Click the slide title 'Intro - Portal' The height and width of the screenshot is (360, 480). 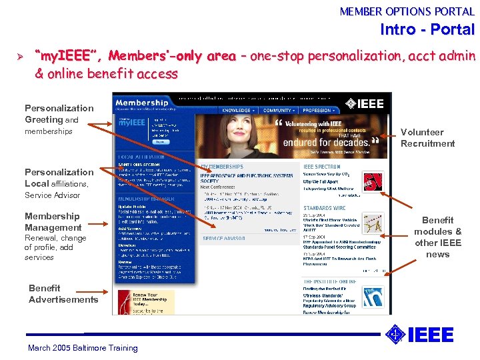[x=427, y=30]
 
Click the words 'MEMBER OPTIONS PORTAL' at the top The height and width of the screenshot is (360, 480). [x=407, y=11]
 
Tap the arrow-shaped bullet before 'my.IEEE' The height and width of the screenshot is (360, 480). [x=9, y=56]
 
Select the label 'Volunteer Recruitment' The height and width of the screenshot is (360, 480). [x=427, y=138]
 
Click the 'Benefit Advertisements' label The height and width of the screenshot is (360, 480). [x=63, y=294]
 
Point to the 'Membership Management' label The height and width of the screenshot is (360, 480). [x=53, y=222]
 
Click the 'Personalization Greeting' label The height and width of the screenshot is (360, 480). [x=59, y=114]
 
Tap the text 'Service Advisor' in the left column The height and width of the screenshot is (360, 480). [x=52, y=195]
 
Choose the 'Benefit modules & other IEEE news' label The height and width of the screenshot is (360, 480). [x=437, y=237]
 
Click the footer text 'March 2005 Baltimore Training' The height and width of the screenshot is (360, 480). [x=83, y=348]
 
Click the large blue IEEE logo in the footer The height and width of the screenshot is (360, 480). [x=421, y=335]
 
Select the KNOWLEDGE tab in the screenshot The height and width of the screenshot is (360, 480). [x=237, y=111]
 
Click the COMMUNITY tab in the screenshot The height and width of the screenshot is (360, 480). [x=277, y=111]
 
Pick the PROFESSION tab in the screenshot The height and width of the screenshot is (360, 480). [x=318, y=111]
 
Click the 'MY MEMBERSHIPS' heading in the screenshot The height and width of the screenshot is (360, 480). [x=223, y=167]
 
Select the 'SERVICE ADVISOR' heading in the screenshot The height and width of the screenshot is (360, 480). [x=223, y=238]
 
